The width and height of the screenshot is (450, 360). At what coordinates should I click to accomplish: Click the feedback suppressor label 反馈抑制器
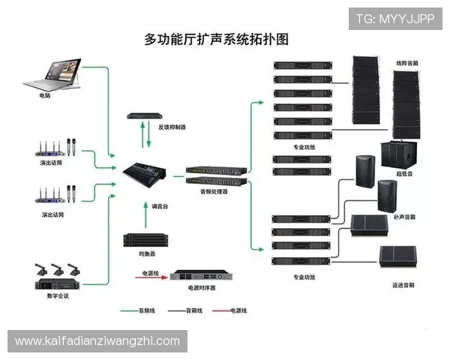pyautogui.click(x=172, y=127)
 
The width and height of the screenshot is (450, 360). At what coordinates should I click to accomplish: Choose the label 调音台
pyautogui.click(x=161, y=205)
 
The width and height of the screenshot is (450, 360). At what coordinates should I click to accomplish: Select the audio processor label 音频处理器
pyautogui.click(x=213, y=192)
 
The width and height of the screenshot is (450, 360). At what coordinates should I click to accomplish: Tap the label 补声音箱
pyautogui.click(x=404, y=217)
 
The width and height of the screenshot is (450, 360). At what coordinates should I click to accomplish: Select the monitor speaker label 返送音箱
pyautogui.click(x=403, y=285)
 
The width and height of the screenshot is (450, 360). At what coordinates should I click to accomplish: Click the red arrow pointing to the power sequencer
pyautogui.click(x=150, y=275)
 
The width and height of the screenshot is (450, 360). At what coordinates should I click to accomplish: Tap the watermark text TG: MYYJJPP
pyautogui.click(x=395, y=18)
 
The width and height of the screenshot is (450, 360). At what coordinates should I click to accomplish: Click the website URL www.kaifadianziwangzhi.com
pyautogui.click(x=97, y=341)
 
